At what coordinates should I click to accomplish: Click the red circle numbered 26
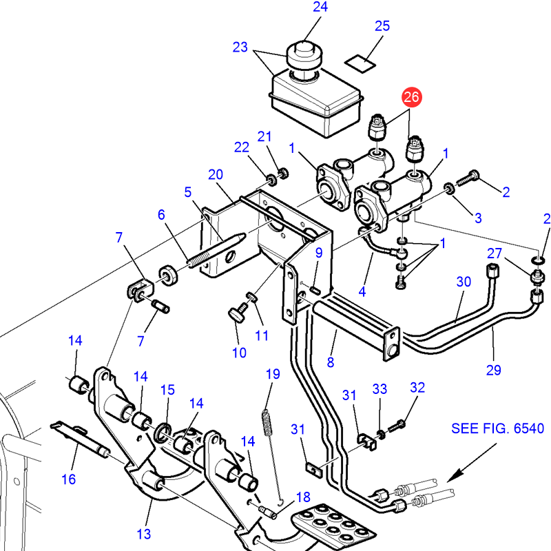pyautogui.click(x=411, y=97)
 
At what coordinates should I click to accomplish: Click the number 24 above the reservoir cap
pyautogui.click(x=320, y=8)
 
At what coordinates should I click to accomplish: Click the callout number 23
pyautogui.click(x=240, y=48)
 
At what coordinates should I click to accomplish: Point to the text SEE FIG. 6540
pyautogui.click(x=497, y=428)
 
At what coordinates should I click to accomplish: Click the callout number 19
pyautogui.click(x=273, y=375)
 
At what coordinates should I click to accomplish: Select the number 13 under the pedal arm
pyautogui.click(x=143, y=534)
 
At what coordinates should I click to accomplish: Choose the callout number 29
pyautogui.click(x=493, y=371)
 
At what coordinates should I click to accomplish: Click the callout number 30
pyautogui.click(x=464, y=282)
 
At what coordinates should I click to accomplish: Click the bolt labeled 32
pyautogui.click(x=399, y=422)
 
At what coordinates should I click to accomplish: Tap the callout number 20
pyautogui.click(x=216, y=175)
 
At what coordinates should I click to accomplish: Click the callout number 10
pyautogui.click(x=239, y=353)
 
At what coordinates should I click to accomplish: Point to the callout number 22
pyautogui.click(x=241, y=147)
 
